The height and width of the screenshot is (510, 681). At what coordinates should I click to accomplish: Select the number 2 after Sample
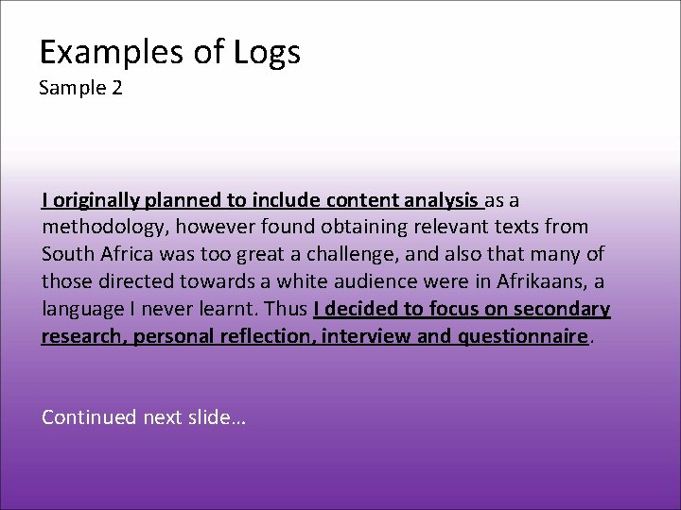coord(117,89)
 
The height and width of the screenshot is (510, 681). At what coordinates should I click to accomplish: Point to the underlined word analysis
coord(441,200)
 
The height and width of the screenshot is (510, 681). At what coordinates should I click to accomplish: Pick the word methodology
coord(100,228)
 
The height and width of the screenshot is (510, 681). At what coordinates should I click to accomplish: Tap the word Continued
coord(89,417)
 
